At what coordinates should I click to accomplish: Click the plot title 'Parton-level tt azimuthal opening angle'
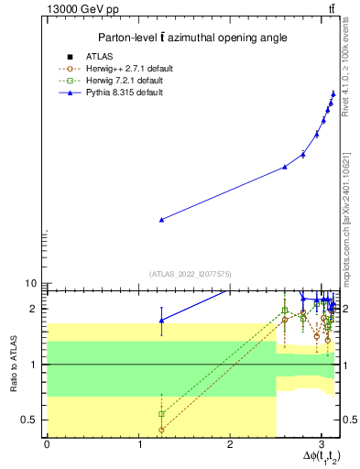(x=192, y=38)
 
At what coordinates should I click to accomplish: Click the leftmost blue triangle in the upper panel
(x=162, y=220)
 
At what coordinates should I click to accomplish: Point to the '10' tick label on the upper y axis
(x=30, y=284)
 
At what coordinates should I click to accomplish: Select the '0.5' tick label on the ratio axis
(x=30, y=420)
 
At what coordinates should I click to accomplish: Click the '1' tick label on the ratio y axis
(x=36, y=365)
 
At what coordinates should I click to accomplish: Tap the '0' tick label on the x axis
(x=47, y=445)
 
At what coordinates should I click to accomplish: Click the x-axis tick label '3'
(x=321, y=445)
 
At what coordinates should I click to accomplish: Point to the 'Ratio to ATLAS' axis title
(x=12, y=364)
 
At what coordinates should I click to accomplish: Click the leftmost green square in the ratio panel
(x=162, y=414)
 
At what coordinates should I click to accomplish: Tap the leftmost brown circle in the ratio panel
(x=162, y=430)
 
